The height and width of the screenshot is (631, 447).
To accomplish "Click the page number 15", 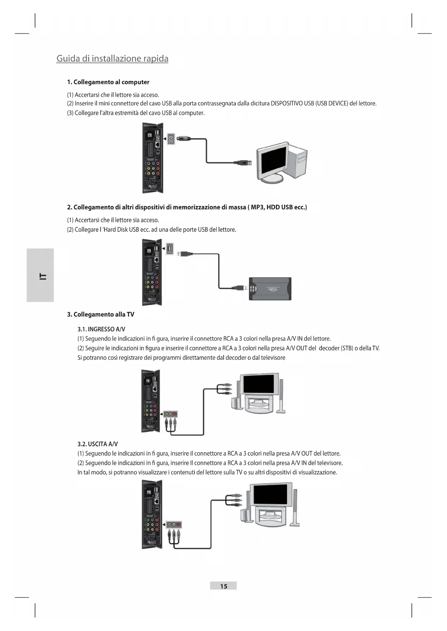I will [223, 586].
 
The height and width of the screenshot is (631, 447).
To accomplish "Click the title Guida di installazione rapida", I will [112, 58].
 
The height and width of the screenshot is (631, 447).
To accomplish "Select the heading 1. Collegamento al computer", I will [108, 82].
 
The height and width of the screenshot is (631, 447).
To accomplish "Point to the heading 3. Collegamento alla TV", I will [100, 314].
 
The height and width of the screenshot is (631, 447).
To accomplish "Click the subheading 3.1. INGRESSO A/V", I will [101, 329].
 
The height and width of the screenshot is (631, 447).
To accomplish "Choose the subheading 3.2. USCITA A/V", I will [98, 444].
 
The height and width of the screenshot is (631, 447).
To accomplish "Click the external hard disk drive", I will [270, 289].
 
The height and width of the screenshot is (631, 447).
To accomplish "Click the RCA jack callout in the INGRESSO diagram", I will [170, 414].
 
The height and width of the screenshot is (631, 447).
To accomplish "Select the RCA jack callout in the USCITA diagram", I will [174, 525].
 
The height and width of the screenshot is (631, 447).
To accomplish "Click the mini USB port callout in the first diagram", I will [171, 139].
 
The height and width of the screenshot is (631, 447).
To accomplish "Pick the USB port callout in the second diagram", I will [170, 248].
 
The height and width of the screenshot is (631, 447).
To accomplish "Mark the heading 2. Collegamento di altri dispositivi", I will [187, 207].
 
